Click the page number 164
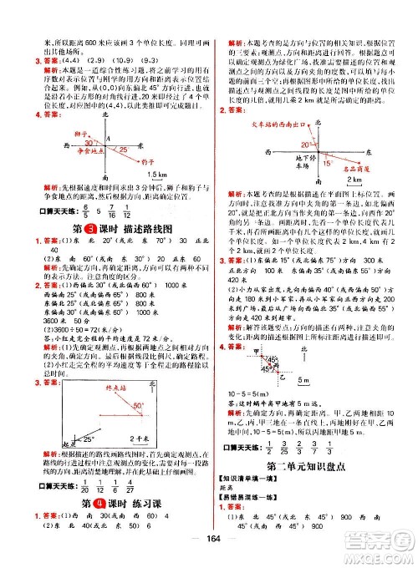[x=210, y=555]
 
